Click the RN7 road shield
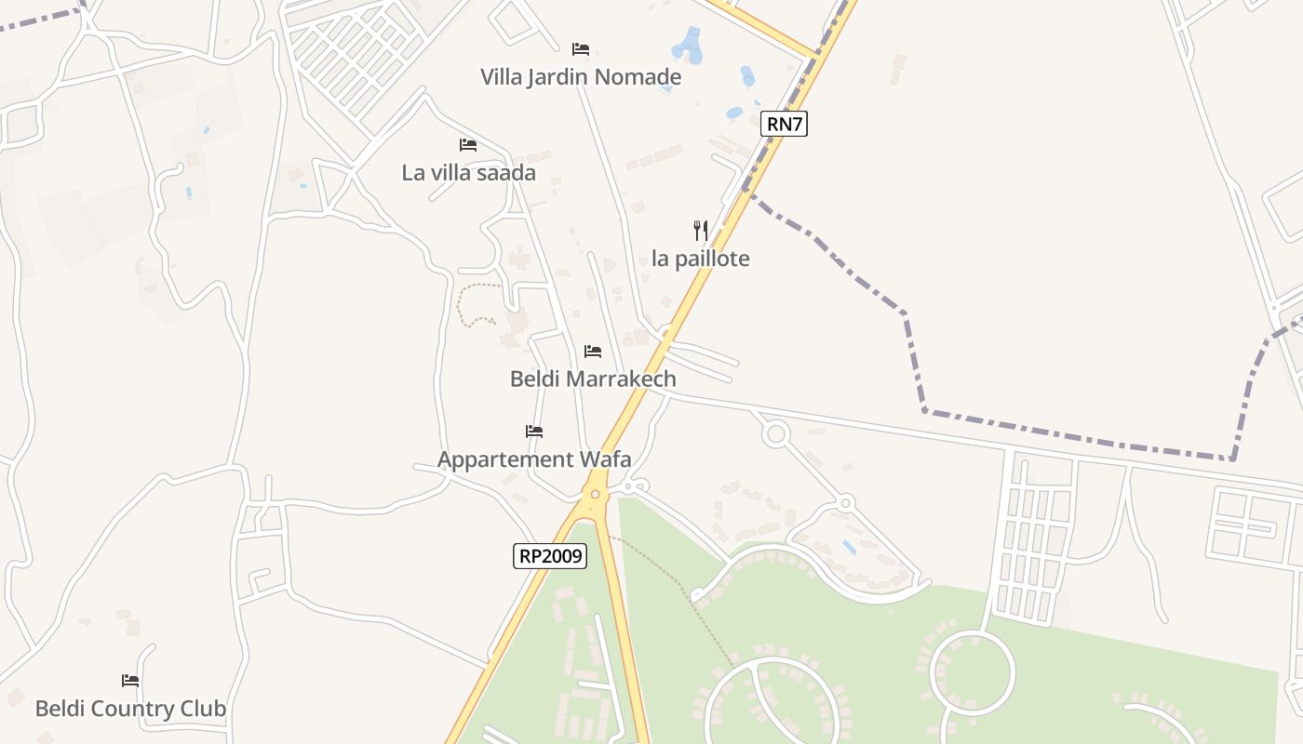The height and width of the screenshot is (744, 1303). (784, 124)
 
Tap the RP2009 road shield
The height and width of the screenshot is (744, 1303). (550, 556)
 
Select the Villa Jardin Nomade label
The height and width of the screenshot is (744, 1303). (581, 77)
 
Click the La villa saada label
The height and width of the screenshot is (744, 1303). (468, 173)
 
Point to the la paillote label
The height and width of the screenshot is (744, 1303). (700, 259)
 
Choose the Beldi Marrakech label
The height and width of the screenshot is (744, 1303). (593, 379)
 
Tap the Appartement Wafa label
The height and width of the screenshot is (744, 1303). (534, 459)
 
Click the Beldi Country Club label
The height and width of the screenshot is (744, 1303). (130, 709)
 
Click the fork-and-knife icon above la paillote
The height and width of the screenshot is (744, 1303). (701, 230)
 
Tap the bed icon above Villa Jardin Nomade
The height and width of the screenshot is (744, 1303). (581, 48)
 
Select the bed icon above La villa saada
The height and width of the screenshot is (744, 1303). (468, 144)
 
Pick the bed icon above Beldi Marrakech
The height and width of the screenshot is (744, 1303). (593, 351)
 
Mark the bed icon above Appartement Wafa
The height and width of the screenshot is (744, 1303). (534, 431)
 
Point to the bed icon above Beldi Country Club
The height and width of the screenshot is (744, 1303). (130, 680)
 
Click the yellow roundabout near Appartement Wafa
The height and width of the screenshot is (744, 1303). (595, 495)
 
